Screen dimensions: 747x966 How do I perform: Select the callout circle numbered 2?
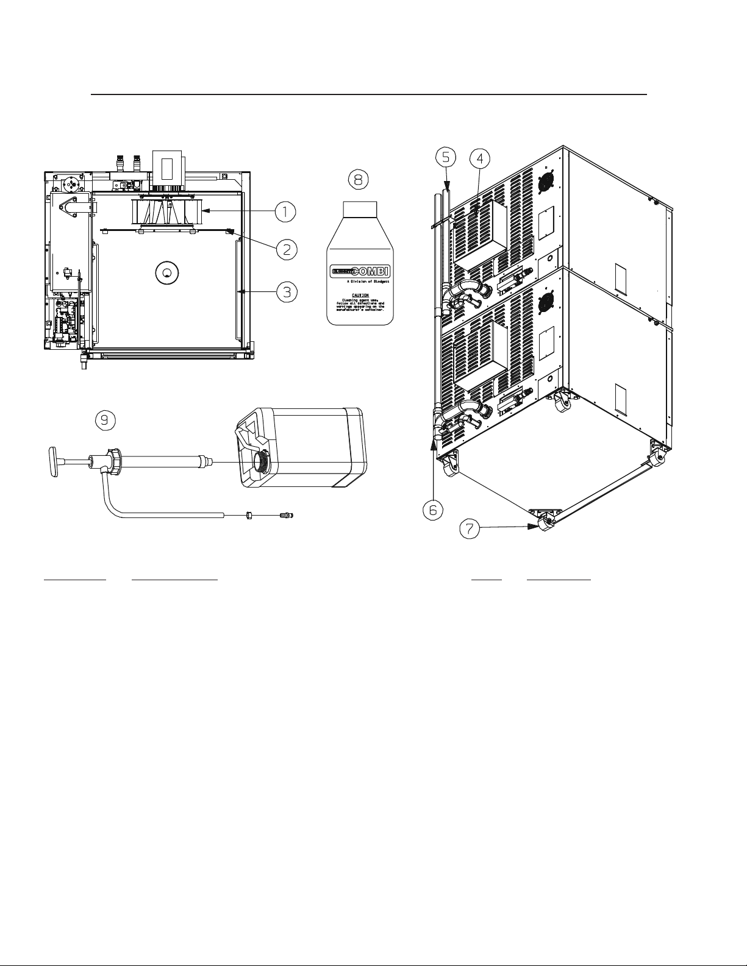(x=285, y=249)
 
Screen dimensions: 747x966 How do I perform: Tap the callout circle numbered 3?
(x=285, y=292)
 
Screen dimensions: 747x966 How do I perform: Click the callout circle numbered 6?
(x=433, y=510)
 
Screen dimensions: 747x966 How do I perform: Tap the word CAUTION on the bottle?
(x=360, y=294)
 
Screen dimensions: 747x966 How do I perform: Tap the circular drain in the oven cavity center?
(x=166, y=272)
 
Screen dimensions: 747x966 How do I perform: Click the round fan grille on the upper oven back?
(x=546, y=181)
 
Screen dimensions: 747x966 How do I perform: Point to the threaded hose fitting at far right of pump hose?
(x=286, y=515)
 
